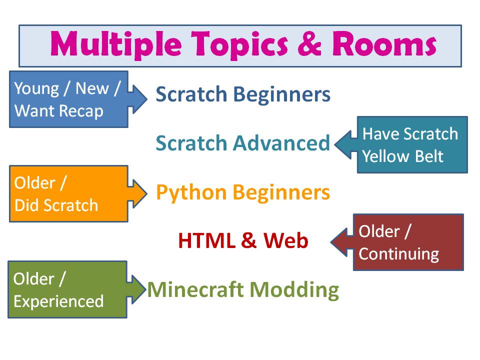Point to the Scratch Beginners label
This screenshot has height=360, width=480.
243,94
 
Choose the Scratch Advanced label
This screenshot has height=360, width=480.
243,143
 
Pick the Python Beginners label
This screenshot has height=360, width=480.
243,192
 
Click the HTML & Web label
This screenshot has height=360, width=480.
243,241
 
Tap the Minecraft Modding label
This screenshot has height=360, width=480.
243,289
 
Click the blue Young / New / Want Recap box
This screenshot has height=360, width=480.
68,99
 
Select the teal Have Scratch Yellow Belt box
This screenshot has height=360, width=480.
412,145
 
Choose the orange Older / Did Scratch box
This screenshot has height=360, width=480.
68,193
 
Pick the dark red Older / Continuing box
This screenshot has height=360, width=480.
408,242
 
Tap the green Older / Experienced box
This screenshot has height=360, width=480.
67,289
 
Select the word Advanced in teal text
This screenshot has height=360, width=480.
282,143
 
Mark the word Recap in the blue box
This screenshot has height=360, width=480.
81,110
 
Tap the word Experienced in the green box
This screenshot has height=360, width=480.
58,301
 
